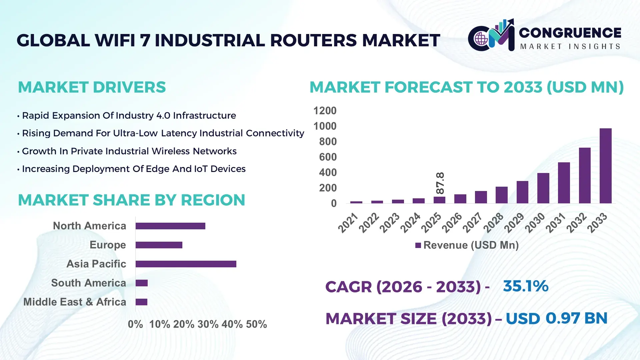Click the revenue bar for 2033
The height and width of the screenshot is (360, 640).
tap(605, 166)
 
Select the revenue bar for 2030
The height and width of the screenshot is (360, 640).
tap(543, 188)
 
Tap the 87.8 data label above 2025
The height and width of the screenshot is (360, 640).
tap(440, 183)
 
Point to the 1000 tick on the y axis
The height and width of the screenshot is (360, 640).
tap(325, 126)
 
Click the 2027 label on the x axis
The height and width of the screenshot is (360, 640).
tap(473, 222)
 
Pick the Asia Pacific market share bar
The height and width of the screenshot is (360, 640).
tap(186, 264)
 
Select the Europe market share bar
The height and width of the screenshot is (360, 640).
tap(159, 245)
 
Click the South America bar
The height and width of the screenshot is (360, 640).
tap(142, 283)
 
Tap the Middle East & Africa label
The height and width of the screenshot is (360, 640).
tap(75, 302)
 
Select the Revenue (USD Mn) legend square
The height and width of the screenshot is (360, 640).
tap(418, 245)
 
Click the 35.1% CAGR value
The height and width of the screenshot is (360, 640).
tap(525, 286)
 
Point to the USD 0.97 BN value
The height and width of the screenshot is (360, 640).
tap(556, 318)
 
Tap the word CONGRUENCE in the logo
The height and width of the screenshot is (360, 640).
tap(570, 33)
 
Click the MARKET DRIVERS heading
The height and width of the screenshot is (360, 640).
tap(92, 87)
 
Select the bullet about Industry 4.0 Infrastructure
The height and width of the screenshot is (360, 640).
tap(129, 116)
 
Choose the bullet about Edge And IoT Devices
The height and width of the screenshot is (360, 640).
tap(133, 169)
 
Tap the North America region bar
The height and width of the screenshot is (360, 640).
tap(170, 226)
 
